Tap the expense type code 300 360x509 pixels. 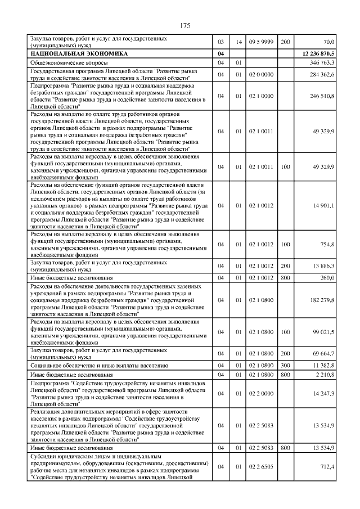pyautogui.click(x=285, y=365)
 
